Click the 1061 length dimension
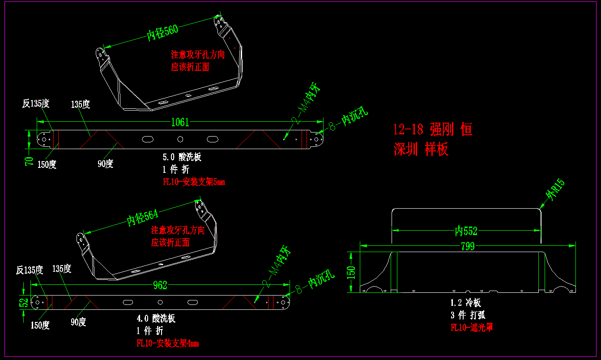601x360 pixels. click(179, 122)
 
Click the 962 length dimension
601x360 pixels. click(160, 285)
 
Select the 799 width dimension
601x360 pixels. click(467, 246)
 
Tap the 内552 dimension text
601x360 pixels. click(466, 231)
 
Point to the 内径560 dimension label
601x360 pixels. click(162, 32)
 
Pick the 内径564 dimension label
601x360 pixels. click(143, 217)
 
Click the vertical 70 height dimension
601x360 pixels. click(30, 161)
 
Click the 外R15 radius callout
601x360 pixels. click(555, 190)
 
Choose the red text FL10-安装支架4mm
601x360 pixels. click(167, 343)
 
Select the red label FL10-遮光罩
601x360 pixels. click(472, 328)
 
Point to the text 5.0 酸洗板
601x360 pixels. click(182, 157)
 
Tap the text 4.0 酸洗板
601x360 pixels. click(156, 319)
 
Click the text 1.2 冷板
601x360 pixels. click(465, 303)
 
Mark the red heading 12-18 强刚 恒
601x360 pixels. click(432, 130)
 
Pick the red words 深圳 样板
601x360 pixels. click(421, 150)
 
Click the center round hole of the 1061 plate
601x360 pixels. click(180, 139)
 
